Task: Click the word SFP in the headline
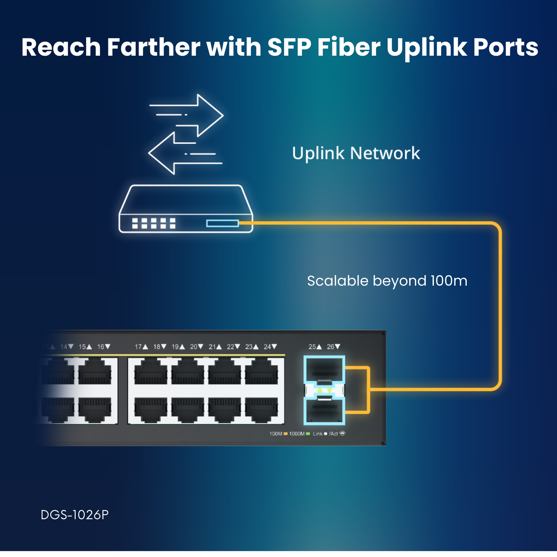coord(289,48)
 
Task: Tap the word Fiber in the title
coord(349,48)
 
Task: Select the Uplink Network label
coord(356,153)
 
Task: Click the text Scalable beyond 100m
coord(387,281)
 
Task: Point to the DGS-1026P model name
coord(75,515)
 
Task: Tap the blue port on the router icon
coord(222,223)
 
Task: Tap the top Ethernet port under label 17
coord(150,372)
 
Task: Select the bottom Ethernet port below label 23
coord(262,410)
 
